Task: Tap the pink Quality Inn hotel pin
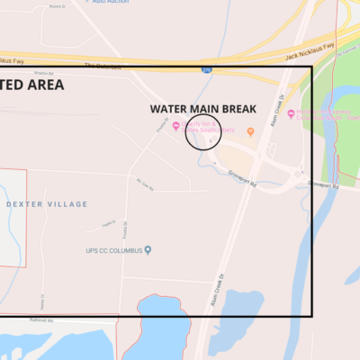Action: tap(178, 126)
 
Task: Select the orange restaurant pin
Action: tap(251, 132)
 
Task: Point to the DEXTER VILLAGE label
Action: tap(47, 204)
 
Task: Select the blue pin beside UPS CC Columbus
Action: tap(148, 249)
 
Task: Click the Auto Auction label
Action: tap(110, 3)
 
